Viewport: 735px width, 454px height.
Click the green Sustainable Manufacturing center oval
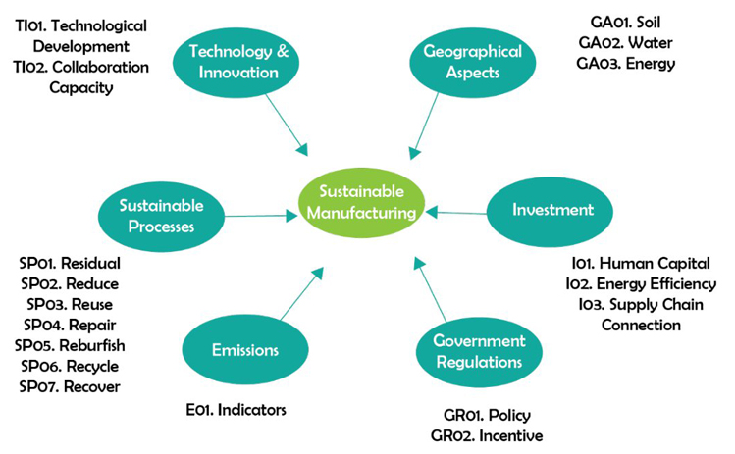point(364,203)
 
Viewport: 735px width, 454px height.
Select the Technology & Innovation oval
point(227,61)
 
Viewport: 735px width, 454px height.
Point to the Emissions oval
point(245,350)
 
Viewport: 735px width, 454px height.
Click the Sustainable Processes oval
point(162,215)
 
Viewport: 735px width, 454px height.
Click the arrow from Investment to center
point(457,212)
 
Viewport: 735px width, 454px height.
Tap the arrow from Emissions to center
point(300,294)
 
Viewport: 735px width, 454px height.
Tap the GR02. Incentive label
point(486,434)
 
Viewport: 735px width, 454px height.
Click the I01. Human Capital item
point(640,263)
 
